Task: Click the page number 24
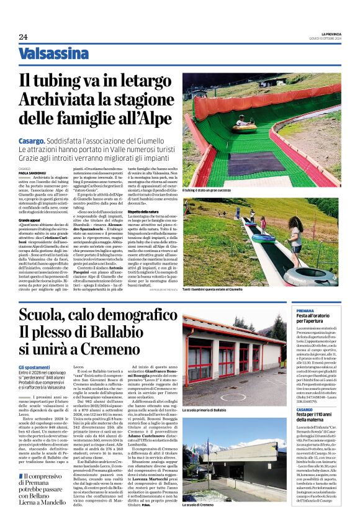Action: (23, 37)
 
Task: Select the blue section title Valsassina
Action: (53, 54)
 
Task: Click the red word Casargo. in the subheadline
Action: (32, 142)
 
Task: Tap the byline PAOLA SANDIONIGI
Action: (32, 173)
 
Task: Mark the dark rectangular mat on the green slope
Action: (248, 164)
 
